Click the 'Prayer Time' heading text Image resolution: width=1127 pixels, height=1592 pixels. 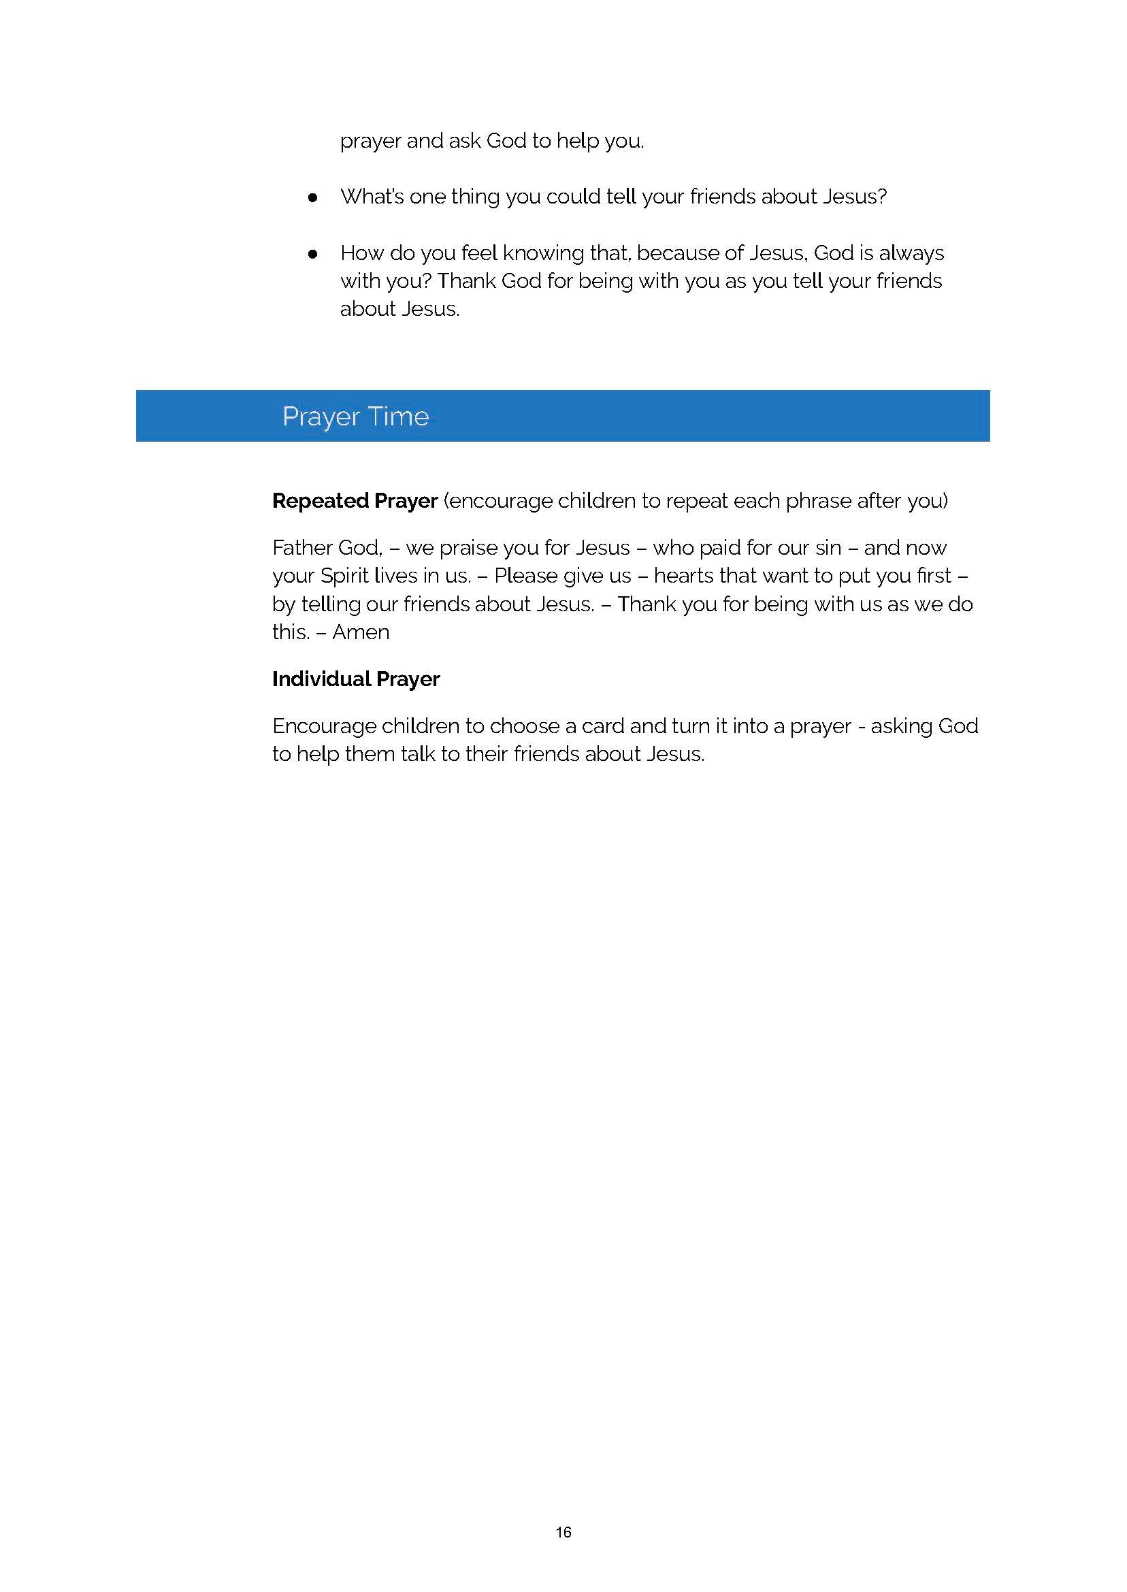click(x=355, y=417)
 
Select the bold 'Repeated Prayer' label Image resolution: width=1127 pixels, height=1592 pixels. click(x=355, y=500)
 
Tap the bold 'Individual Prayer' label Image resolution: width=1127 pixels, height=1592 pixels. click(x=355, y=679)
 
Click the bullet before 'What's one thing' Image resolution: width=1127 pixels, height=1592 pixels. click(x=312, y=198)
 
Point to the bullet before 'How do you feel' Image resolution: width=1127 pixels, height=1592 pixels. click(x=312, y=254)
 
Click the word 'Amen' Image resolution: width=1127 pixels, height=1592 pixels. click(x=360, y=632)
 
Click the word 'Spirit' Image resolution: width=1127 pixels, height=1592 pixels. click(x=344, y=576)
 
